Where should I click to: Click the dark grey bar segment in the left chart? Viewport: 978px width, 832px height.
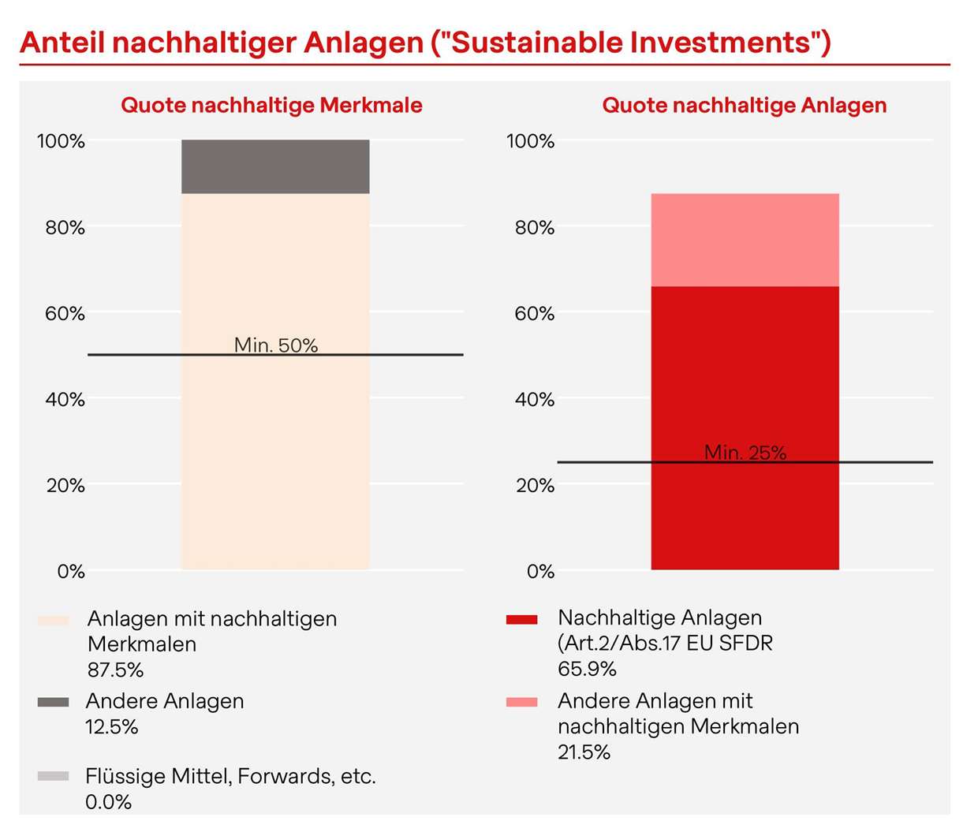point(275,166)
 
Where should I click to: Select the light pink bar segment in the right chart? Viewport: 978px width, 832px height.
point(745,239)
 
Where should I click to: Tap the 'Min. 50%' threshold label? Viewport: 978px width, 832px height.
point(276,345)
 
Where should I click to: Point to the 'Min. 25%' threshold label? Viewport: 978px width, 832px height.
point(745,453)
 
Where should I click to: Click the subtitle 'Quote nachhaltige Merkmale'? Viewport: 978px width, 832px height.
point(271,105)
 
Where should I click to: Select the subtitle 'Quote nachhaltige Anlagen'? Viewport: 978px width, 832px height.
point(744,105)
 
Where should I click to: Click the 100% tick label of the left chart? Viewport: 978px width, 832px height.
point(61,141)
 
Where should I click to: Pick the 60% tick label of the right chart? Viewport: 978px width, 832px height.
point(535,314)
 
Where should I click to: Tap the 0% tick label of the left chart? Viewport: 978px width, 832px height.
point(71,572)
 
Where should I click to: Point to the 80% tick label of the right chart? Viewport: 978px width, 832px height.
point(535,228)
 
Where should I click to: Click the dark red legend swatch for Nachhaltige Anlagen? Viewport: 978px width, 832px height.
point(522,620)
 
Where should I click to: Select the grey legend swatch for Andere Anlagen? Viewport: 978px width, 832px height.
point(54,702)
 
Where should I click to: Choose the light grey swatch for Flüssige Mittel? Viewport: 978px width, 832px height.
point(54,777)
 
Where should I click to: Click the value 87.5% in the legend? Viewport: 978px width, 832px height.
point(115,670)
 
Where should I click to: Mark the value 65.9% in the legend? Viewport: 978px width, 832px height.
point(587,670)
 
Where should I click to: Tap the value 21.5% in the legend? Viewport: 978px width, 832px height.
point(584,752)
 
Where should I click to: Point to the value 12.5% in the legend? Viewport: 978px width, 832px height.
point(112,727)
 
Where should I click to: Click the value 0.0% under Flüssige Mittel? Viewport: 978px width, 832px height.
point(109,802)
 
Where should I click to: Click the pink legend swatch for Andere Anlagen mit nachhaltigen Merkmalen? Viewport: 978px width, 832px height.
point(522,702)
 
